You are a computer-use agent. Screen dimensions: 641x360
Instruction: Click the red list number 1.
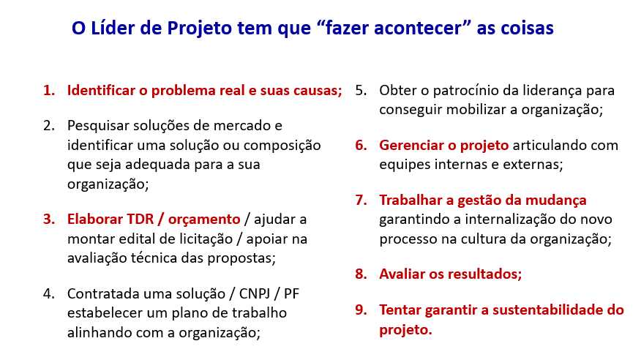coord(49,90)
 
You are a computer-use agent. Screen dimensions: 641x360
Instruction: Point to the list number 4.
coord(49,293)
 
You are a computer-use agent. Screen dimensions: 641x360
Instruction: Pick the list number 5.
coord(361,90)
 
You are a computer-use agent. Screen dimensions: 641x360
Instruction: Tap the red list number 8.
coord(361,274)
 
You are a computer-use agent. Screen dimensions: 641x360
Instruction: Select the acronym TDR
coord(140,219)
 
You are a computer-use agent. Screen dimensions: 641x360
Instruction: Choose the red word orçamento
coord(204,220)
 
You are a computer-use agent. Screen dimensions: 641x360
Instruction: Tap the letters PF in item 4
coord(291,293)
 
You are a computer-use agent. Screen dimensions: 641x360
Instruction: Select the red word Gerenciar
coord(411,145)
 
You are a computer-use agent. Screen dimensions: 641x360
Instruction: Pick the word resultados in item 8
coord(485,274)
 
